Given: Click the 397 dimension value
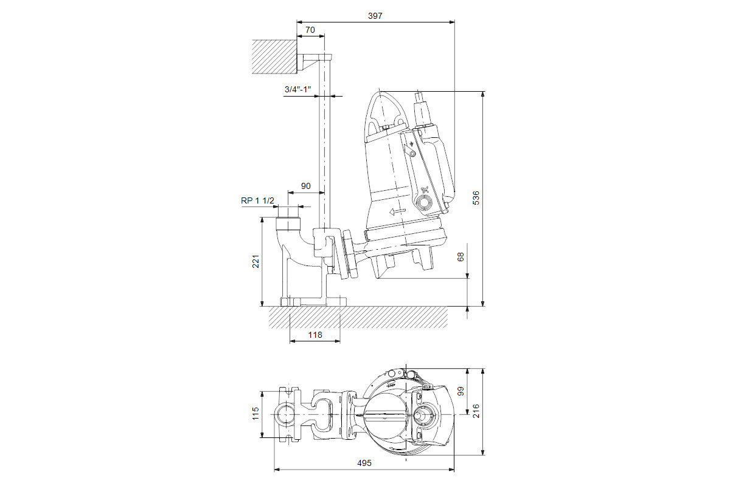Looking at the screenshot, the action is [x=375, y=16].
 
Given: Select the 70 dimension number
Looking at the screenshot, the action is [x=310, y=30].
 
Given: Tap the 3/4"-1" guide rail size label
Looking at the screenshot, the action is [x=297, y=89].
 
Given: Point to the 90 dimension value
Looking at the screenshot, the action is [x=305, y=186].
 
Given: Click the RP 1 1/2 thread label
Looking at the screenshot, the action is [x=257, y=200].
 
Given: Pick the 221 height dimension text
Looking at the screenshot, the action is [x=256, y=261].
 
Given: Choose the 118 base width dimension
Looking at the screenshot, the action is [x=315, y=335].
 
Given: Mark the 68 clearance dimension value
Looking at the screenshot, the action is [x=461, y=257].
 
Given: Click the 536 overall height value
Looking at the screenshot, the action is [x=476, y=198].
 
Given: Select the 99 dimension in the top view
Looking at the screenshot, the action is [x=461, y=391].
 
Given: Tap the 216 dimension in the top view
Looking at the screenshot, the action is [x=476, y=411].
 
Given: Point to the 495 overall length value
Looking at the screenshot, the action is [x=364, y=463].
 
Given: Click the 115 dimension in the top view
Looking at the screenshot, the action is [x=256, y=414].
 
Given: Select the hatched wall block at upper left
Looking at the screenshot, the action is [x=274, y=56].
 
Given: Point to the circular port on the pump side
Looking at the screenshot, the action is [x=425, y=202].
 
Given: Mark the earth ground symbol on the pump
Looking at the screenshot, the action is [x=411, y=143].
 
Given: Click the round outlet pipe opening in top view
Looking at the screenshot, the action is [x=285, y=414].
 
